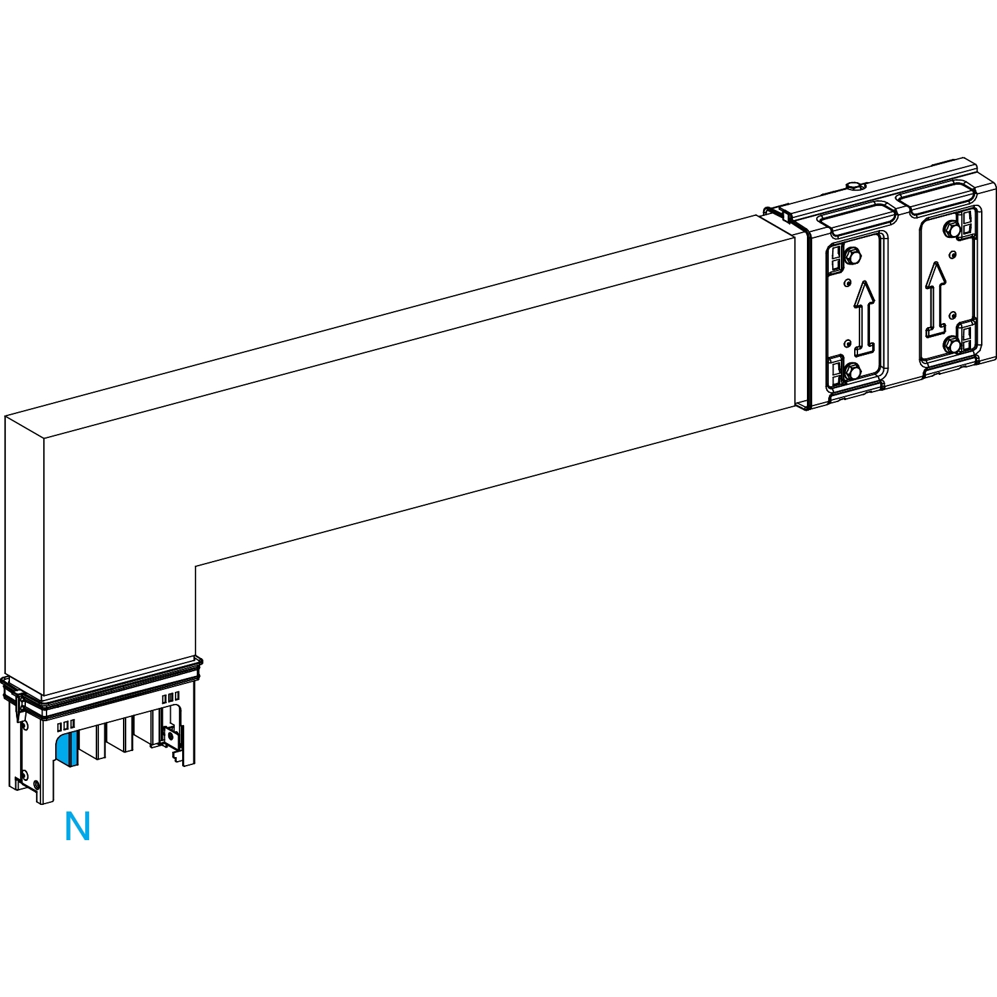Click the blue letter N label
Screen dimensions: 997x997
pyautogui.click(x=77, y=827)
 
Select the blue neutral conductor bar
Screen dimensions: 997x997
pyautogui.click(x=68, y=747)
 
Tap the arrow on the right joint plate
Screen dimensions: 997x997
pyautogui.click(x=936, y=298)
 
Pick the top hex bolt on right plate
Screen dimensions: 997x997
pyautogui.click(x=948, y=229)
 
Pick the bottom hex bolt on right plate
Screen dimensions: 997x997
pyautogui.click(x=953, y=346)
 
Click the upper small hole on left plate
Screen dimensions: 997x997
pyautogui.click(x=847, y=282)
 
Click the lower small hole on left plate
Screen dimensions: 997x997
pyautogui.click(x=847, y=344)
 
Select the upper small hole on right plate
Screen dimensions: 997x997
pyautogui.click(x=952, y=253)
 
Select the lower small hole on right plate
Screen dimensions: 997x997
pyautogui.click(x=952, y=314)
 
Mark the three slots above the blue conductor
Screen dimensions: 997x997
pyautogui.click(x=66, y=724)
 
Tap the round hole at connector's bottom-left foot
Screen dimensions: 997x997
pyautogui.click(x=25, y=776)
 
